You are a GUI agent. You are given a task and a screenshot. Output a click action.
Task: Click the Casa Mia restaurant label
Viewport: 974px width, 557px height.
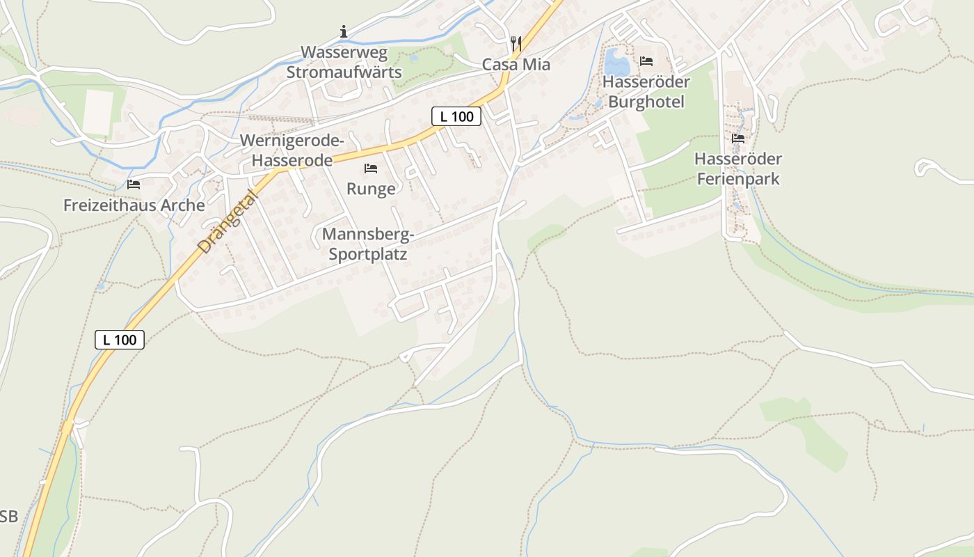(516, 65)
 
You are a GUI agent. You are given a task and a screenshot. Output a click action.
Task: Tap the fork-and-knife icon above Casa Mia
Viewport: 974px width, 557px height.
(516, 43)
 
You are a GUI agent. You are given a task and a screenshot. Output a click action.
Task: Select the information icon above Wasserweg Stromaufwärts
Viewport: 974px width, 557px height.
(344, 31)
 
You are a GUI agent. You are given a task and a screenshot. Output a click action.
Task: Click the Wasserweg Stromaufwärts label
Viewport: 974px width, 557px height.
(344, 62)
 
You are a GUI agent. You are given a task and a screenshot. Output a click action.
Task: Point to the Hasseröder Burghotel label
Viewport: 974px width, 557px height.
(646, 92)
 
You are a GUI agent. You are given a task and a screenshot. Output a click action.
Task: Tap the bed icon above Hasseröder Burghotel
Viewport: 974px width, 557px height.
(646, 61)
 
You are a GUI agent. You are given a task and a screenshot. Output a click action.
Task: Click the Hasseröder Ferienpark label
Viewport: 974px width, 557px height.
(737, 169)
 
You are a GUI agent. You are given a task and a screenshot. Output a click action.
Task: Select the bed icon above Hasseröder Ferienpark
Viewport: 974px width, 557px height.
(737, 139)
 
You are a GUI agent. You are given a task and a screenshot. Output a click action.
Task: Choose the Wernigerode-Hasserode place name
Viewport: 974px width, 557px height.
(292, 150)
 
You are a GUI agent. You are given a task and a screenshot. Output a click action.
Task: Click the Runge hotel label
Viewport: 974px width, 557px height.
(371, 189)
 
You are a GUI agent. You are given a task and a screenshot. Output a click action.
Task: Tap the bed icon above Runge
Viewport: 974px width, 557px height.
(371, 168)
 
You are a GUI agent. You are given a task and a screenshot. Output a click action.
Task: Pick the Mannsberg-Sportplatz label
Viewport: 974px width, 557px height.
(368, 244)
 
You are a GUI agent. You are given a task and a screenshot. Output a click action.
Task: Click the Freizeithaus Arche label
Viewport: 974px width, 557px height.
(134, 205)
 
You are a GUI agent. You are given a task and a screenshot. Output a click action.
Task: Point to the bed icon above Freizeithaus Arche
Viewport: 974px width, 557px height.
(134, 185)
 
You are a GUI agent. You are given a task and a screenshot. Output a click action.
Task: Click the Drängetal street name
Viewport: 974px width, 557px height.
(227, 221)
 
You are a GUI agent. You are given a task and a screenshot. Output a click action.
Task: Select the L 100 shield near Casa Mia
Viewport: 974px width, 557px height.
(456, 116)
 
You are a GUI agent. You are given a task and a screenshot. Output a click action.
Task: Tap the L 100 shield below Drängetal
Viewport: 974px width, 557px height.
(120, 340)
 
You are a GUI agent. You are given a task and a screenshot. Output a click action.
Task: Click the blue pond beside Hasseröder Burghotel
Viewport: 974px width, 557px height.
(616, 63)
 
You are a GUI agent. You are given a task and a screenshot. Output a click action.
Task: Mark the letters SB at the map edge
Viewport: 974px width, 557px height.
(8, 517)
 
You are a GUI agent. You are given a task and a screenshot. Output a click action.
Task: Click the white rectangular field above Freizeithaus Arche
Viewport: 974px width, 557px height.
(98, 112)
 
